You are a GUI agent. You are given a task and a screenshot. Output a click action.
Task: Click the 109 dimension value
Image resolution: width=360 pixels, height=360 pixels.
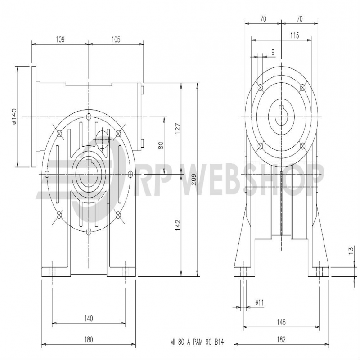(x=60, y=40)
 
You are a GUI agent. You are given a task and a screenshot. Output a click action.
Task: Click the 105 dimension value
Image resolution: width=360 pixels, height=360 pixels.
(x=116, y=40)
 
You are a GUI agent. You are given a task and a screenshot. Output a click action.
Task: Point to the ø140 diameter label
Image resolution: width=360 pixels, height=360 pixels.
(x=14, y=117)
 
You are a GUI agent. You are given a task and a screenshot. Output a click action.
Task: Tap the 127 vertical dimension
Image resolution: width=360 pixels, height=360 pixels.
(x=178, y=129)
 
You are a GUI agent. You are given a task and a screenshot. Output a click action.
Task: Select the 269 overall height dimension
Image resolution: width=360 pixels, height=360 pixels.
(x=193, y=180)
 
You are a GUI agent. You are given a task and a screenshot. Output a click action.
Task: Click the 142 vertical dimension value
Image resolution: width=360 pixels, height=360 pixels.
(x=178, y=225)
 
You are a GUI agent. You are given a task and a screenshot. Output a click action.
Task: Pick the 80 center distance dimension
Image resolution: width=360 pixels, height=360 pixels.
(x=161, y=145)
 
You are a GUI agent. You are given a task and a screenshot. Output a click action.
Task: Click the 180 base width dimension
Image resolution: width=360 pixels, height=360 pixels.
(x=88, y=339)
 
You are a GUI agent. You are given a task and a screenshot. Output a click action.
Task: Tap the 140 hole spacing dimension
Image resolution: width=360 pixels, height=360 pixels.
(x=88, y=318)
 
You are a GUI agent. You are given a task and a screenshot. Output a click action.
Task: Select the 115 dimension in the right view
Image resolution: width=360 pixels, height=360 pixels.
(x=295, y=36)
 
